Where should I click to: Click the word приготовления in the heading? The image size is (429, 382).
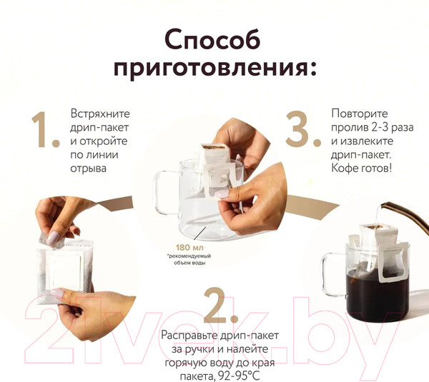pyautogui.click(x=214, y=69)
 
